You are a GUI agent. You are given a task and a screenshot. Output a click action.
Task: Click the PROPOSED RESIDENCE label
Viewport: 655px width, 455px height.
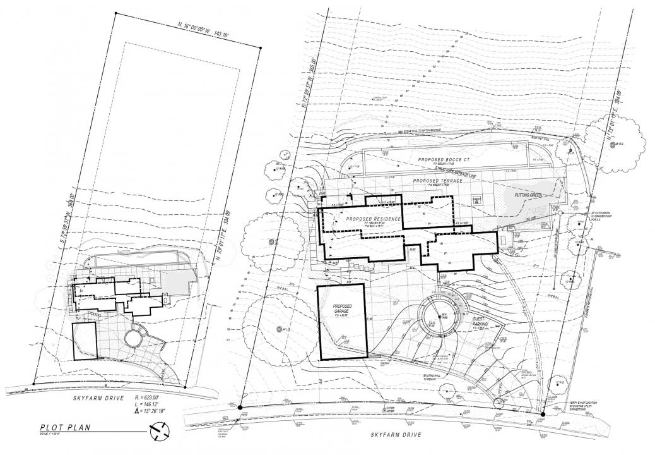coord(372,218)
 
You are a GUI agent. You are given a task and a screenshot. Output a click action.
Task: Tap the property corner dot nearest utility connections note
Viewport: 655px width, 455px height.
coord(543,414)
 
